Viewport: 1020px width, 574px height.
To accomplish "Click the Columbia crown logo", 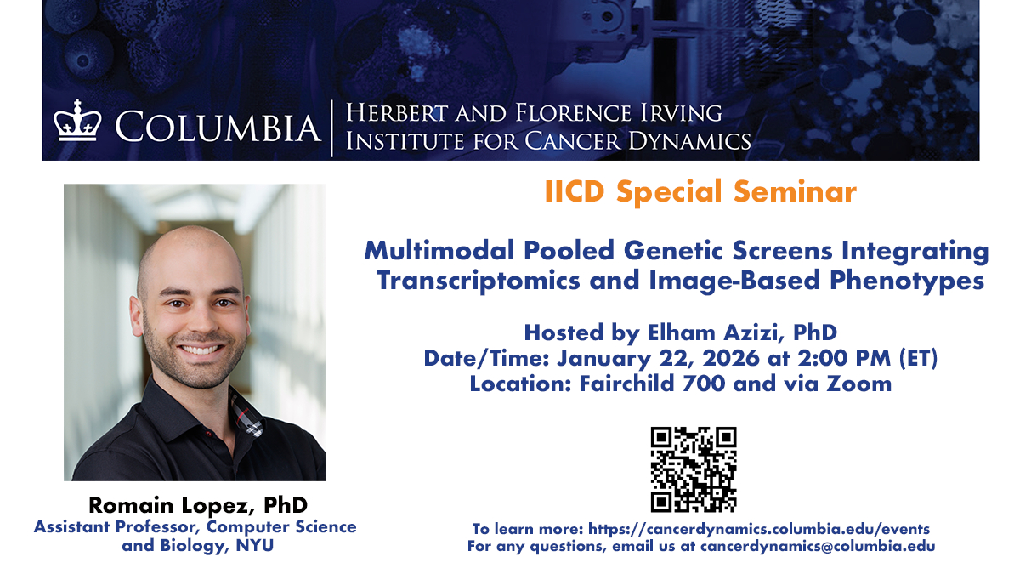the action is point(77,121).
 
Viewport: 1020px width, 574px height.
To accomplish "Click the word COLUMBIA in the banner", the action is point(218,127).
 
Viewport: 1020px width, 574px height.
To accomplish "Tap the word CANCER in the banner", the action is point(572,141).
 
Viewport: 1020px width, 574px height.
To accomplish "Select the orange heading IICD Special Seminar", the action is point(700,192).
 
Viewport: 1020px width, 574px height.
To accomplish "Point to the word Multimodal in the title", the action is point(439,251).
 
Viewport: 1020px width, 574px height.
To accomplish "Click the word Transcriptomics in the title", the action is point(479,281).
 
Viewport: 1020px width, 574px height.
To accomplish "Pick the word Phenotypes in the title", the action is point(907,281).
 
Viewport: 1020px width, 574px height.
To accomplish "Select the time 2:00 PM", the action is point(844,358).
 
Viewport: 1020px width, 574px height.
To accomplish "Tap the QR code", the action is point(694,469).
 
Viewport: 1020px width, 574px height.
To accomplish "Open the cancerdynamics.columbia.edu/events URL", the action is point(759,529).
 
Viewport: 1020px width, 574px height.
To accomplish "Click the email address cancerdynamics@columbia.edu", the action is point(818,546).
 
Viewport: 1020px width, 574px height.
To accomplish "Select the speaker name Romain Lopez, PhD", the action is point(198,505).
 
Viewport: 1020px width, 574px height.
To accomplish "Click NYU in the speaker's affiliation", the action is point(254,545).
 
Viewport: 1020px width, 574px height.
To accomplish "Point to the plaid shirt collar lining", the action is point(246,414).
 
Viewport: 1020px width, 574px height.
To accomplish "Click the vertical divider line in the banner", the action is point(332,128).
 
